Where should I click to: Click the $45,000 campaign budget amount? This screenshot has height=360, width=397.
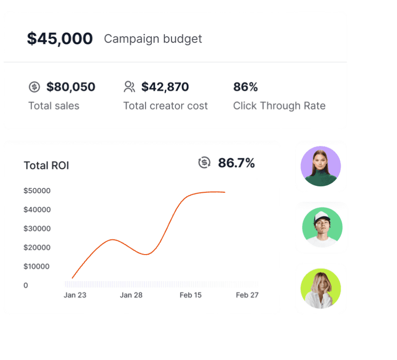click(x=60, y=39)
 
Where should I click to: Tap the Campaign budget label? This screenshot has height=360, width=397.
click(x=153, y=39)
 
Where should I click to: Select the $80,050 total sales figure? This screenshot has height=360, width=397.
click(x=71, y=87)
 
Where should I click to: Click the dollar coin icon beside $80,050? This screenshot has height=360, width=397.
click(x=34, y=87)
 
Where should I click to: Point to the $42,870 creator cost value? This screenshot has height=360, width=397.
click(x=165, y=87)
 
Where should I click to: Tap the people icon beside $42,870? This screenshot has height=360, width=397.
click(x=129, y=87)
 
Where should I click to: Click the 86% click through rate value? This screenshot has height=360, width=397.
click(x=246, y=87)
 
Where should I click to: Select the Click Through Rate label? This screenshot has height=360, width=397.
click(x=279, y=105)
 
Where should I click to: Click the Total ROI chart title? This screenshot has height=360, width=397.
click(x=47, y=165)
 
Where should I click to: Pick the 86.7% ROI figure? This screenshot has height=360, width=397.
click(x=236, y=163)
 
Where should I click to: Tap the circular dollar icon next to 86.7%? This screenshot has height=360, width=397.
click(x=204, y=163)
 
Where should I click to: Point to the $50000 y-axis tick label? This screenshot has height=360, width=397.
click(x=37, y=190)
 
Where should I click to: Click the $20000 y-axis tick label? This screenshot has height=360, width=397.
click(x=37, y=247)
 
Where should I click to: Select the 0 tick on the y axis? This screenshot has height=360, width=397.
click(x=25, y=285)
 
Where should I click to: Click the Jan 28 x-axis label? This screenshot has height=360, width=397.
click(x=131, y=295)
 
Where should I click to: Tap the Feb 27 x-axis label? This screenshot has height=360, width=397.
click(x=247, y=295)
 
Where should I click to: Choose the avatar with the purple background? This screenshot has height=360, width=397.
click(x=321, y=166)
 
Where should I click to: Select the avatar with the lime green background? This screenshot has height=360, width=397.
click(x=321, y=288)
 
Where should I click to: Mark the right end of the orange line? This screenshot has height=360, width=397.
click(x=225, y=192)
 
